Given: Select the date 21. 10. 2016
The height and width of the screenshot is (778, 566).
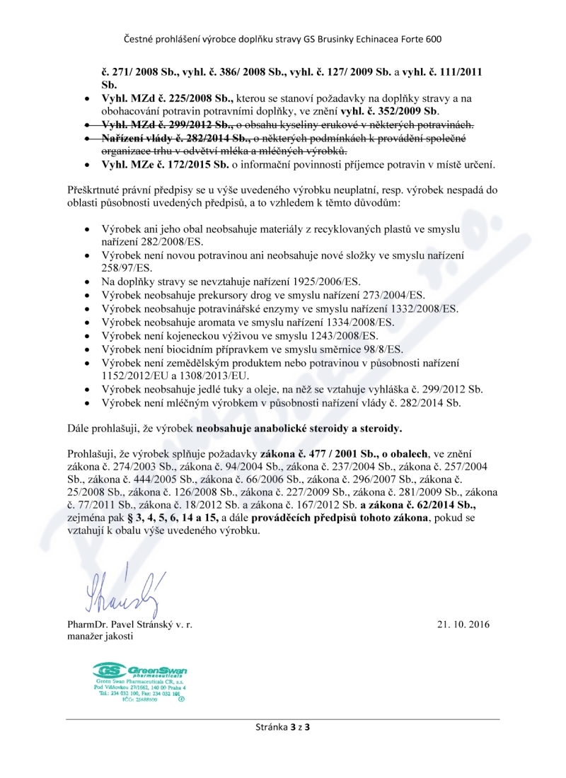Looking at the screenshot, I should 463,625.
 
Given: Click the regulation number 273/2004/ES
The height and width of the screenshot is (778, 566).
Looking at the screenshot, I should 394,295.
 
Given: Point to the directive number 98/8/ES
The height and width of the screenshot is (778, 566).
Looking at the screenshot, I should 377,349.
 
